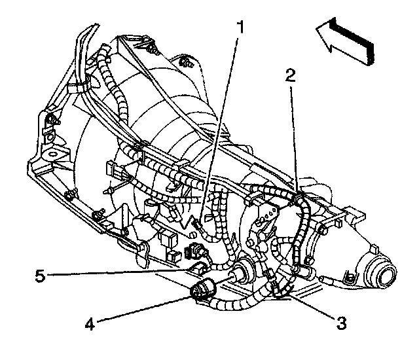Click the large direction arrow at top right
(x=345, y=41)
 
